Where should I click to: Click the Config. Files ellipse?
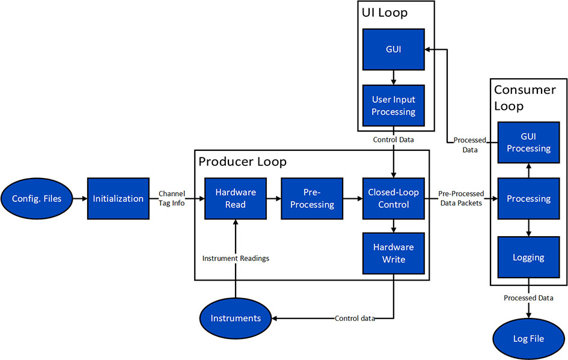(36, 198)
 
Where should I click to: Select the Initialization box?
(118, 198)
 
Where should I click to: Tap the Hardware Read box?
(235, 198)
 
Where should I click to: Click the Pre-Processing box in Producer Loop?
(312, 198)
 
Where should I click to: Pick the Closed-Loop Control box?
(392, 198)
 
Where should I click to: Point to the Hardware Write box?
(392, 253)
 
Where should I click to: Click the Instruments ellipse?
(236, 317)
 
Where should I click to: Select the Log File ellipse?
(528, 338)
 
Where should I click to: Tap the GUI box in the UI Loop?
(392, 50)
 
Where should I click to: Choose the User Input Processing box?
(392, 106)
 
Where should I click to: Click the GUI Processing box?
(528, 142)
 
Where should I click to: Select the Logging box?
(528, 257)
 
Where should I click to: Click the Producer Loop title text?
(242, 162)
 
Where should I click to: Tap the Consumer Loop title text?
(524, 98)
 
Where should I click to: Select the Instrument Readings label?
(235, 258)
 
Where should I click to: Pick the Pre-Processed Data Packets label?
(461, 199)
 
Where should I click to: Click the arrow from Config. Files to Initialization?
(79, 198)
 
